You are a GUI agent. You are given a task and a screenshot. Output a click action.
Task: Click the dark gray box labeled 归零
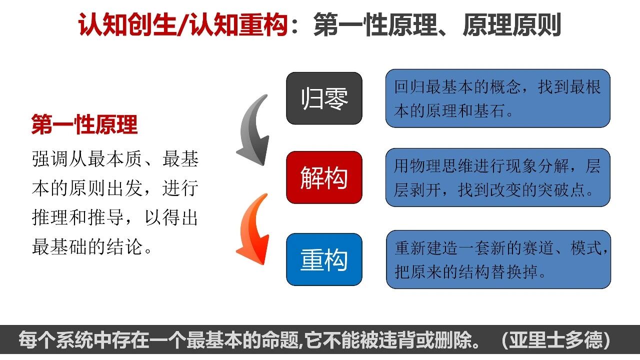coord(324,98)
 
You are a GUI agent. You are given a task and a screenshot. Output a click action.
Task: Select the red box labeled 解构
coord(324,177)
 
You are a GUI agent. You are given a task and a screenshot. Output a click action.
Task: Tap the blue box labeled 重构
coord(324,259)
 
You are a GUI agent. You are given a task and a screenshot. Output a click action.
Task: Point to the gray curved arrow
coord(254,131)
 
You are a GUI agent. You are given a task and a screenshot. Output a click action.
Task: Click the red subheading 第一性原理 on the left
coord(84,125)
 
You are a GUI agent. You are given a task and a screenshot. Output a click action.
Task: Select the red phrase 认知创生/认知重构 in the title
coord(182,25)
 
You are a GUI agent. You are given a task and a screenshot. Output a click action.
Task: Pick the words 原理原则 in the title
coord(511,25)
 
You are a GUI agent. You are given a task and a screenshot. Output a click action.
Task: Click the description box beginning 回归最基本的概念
coord(497,98)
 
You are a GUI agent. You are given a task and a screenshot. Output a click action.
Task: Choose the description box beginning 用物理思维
coord(497,177)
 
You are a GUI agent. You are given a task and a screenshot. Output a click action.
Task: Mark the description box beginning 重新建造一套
coord(498,259)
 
